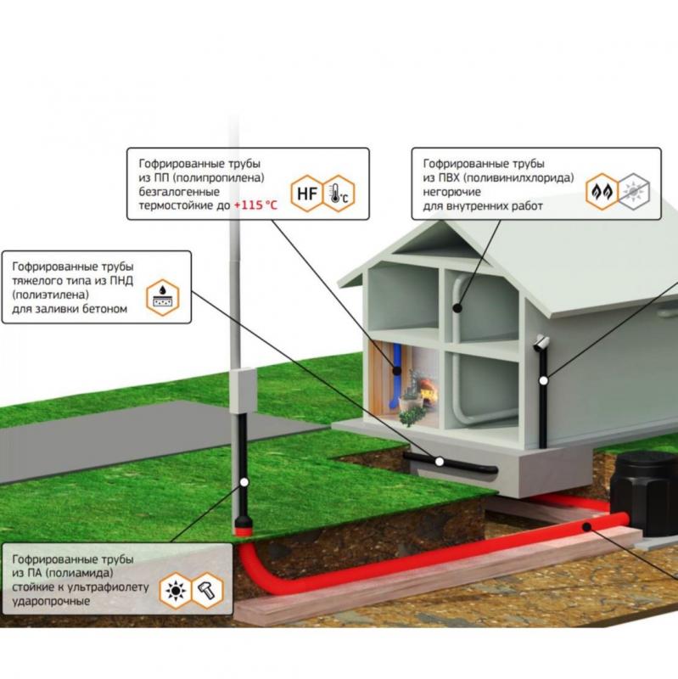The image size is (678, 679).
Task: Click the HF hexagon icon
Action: (x=307, y=194)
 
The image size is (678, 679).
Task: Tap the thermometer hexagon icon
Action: (x=339, y=194)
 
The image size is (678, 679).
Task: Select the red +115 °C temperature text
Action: (x=255, y=205)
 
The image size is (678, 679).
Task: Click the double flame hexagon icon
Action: (x=602, y=192)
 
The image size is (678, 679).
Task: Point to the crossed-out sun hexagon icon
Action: (x=634, y=192)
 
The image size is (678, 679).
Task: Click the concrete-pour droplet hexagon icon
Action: (x=163, y=297)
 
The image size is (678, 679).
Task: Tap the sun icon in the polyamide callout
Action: (x=176, y=591)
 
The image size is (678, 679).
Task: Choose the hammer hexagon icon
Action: (x=207, y=591)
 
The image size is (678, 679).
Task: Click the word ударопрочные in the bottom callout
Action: (x=51, y=601)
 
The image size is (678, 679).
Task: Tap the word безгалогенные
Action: (x=179, y=192)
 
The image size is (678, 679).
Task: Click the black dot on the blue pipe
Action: (x=396, y=370)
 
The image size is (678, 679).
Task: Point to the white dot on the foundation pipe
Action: (x=440, y=462)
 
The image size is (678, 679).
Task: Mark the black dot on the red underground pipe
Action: (x=586, y=527)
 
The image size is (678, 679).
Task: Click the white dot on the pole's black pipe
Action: (x=244, y=482)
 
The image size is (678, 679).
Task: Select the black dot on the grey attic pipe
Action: (x=457, y=308)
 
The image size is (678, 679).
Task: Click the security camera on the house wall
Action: (x=541, y=343)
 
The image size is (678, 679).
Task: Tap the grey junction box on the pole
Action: (x=243, y=391)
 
